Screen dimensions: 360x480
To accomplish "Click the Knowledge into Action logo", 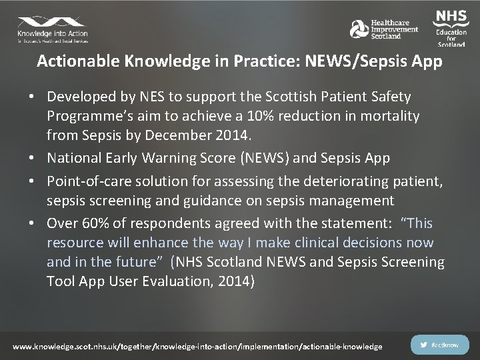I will (x=52, y=29).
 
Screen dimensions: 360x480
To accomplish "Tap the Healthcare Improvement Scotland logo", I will (x=385, y=29).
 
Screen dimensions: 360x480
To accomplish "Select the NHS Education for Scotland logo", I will (x=451, y=27).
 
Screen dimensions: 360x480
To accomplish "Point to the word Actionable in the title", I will (x=77, y=61).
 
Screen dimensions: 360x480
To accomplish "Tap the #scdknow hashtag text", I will (x=445, y=345).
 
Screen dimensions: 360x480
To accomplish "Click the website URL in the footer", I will (x=198, y=346).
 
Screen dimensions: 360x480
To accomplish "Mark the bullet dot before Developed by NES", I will (x=31, y=97).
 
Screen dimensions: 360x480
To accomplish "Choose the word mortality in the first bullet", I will (x=389, y=116).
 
